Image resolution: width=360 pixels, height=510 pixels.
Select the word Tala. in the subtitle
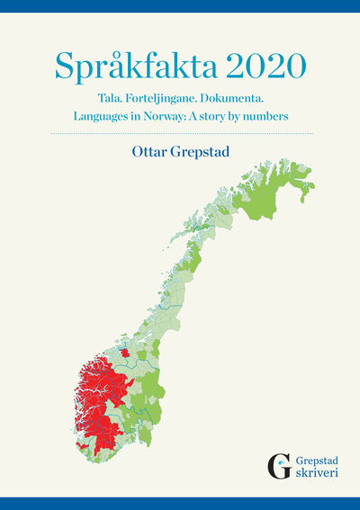coord(111,97)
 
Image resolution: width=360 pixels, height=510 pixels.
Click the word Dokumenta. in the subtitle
coord(236,97)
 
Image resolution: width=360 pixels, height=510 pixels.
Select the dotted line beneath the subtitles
coord(180,134)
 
